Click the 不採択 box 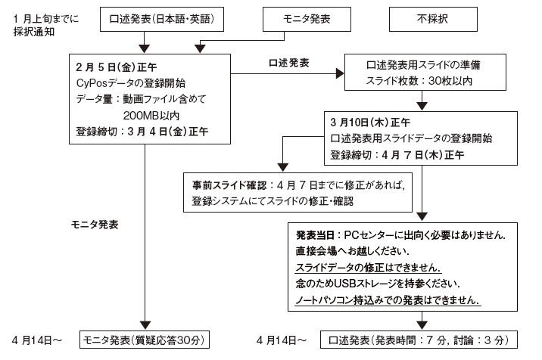[424, 17]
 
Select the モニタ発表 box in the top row [297, 17]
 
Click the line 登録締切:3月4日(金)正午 [142, 132]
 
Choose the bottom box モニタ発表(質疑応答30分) [144, 340]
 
